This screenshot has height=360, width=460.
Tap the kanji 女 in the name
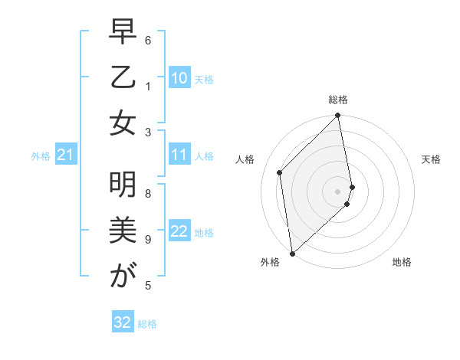122,123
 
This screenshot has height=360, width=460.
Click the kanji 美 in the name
122,230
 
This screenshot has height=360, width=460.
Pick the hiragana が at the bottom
122,277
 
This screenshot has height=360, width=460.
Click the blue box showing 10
179,77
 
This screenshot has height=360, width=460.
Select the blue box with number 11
179,155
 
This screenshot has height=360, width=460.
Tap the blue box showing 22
179,231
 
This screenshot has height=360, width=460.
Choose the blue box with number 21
66,155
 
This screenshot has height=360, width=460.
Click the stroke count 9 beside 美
148,239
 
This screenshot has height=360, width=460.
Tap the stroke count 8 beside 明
148,194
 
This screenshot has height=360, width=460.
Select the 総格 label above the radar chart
338,100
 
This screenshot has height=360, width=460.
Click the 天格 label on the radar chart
431,159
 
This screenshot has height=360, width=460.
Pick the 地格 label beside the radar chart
402,262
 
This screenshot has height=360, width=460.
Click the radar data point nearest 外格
292,253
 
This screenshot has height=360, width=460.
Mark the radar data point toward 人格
280,172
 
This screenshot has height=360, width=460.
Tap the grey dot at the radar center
338,191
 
